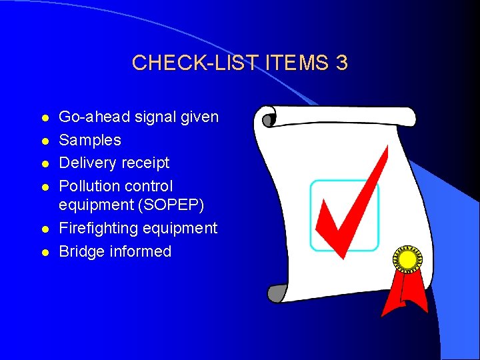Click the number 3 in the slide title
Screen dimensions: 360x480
[x=341, y=63]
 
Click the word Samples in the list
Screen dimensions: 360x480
[x=90, y=140]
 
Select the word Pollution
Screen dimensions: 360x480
[x=88, y=186]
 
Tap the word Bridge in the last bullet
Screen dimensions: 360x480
[x=80, y=251]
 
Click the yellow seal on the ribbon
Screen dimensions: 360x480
[x=407, y=258]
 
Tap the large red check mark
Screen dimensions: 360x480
[x=350, y=207]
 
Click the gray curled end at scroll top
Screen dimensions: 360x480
[x=269, y=120]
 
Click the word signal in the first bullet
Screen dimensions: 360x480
[x=159, y=117]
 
